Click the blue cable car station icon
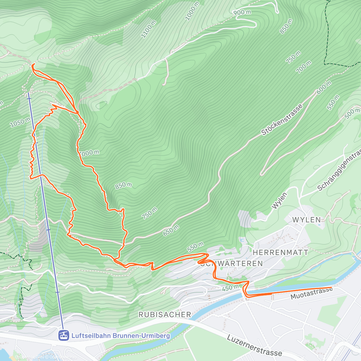coord(63,335)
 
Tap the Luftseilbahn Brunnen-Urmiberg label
coord(120,335)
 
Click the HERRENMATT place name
coord(280,252)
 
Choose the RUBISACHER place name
coord(165,315)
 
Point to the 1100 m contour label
coord(149,29)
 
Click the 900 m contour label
coord(242,12)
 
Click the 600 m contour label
coord(324,87)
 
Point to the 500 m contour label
coord(352,113)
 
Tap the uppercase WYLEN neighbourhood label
coord(306,220)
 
